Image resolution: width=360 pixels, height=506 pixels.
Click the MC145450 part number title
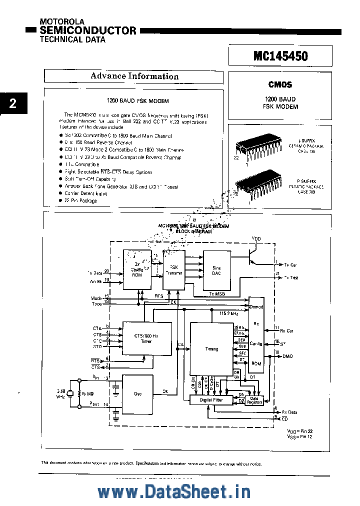[x=280, y=56]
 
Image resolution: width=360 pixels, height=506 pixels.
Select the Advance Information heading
[x=134, y=76]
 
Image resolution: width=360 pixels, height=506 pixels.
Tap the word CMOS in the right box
[x=280, y=85]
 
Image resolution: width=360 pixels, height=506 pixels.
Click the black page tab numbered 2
[x=12, y=103]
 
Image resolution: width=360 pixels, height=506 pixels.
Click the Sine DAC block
[x=216, y=270]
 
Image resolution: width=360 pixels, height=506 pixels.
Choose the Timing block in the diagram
[x=211, y=348]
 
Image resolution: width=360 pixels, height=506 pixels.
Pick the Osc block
[x=137, y=393]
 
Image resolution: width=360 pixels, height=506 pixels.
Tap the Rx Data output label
[x=289, y=412]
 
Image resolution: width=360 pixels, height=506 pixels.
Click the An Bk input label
[x=95, y=281]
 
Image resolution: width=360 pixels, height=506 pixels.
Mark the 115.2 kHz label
[x=228, y=313]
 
